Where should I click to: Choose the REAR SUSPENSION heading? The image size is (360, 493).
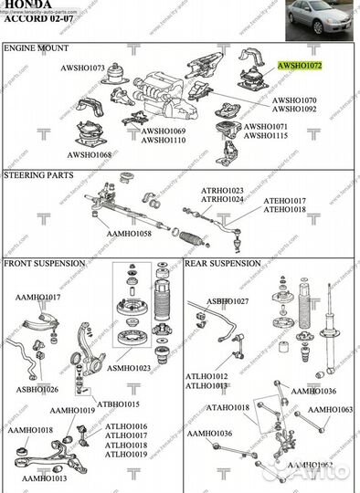click(224, 263)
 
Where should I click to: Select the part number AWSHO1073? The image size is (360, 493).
click(83, 68)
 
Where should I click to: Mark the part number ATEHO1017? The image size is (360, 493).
click(285, 200)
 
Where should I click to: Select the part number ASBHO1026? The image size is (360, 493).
click(37, 389)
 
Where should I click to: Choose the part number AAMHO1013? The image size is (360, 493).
click(44, 478)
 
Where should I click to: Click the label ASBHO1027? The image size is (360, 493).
click(228, 300)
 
